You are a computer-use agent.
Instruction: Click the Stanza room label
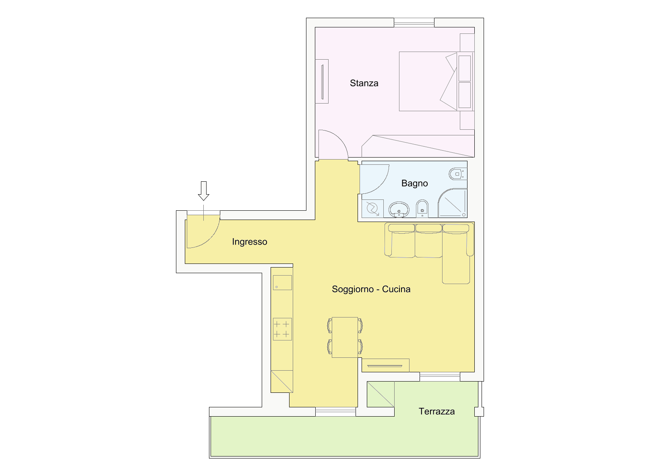tap(364, 83)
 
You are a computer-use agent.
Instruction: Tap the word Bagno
tap(414, 183)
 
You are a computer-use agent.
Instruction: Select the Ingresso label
tap(250, 242)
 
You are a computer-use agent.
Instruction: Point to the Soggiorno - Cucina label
tap(371, 289)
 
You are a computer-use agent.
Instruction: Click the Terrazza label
tap(436, 411)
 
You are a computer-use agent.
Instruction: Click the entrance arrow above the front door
tap(204, 191)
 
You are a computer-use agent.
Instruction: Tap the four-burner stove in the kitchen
tap(282, 329)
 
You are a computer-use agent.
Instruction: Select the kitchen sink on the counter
tap(282, 282)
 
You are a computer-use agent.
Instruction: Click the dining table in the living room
tap(345, 337)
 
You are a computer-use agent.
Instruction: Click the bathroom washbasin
tap(399, 210)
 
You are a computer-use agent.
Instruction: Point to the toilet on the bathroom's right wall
tap(457, 174)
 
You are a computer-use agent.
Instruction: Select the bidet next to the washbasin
tap(422, 208)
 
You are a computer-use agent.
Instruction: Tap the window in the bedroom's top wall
tap(414, 23)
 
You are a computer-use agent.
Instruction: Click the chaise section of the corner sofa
tap(456, 258)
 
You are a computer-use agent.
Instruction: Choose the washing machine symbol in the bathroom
tap(372, 208)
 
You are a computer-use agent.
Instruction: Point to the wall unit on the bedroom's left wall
tap(322, 81)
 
